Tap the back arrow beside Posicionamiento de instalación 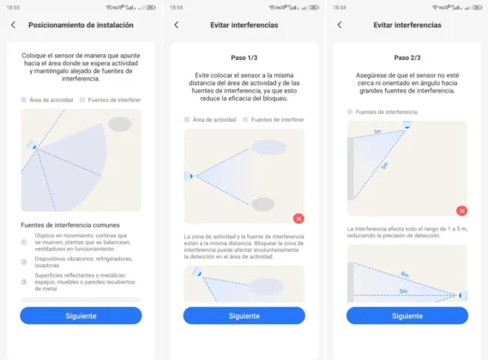[13, 25]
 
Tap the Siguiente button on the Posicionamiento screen [81, 315]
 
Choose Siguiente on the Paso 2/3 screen [407, 315]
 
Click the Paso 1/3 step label [244, 58]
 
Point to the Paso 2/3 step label [407, 58]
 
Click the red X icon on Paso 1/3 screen [298, 219]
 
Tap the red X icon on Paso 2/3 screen [461, 210]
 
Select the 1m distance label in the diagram [377, 132]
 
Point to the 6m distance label [404, 274]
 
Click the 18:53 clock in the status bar [13, 7]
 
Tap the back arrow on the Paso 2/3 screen [339, 25]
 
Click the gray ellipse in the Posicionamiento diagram [120, 124]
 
